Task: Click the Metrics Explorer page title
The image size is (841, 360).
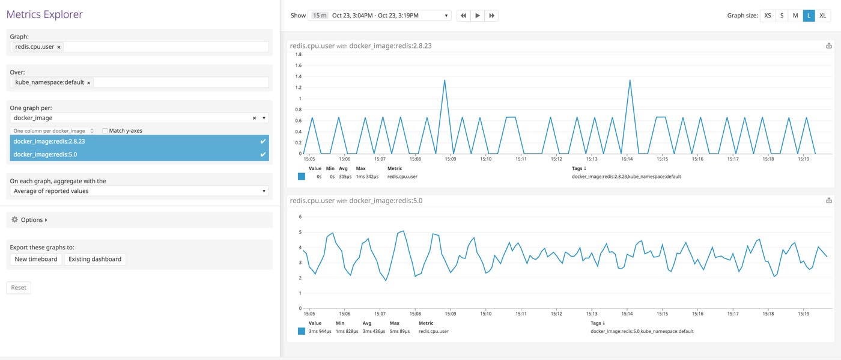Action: coord(44,14)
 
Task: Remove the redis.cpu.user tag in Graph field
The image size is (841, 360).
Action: coord(59,47)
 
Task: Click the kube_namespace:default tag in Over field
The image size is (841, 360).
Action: coord(49,82)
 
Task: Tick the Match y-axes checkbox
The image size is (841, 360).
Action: coord(105,130)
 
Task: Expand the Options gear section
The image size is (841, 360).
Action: coord(29,220)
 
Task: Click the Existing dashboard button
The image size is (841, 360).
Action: coord(95,259)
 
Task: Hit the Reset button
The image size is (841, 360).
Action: coord(19,288)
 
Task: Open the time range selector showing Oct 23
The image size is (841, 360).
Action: coord(379,16)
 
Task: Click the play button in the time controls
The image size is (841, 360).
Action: coord(478,16)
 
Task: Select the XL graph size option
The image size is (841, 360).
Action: coord(823,16)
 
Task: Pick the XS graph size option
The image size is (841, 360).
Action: coord(768,16)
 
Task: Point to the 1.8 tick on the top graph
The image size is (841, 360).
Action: coord(298,54)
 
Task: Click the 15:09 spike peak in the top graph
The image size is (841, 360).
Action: coord(445,80)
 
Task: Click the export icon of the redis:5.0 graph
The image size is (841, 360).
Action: coord(829,200)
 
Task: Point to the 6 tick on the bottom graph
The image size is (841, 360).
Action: coord(299,216)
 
